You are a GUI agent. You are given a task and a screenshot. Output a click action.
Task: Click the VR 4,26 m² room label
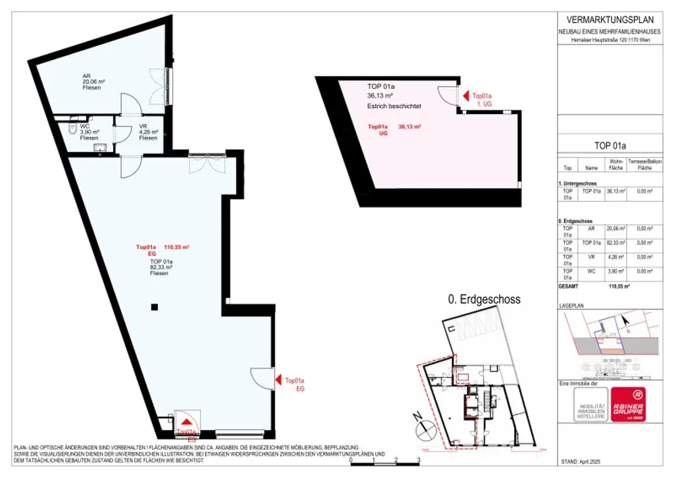(147, 132)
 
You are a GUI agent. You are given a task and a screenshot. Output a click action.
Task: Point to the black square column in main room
(153, 306)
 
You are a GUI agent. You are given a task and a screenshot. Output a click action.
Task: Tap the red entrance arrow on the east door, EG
(278, 379)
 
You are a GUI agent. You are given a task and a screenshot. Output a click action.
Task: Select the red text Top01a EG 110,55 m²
(163, 250)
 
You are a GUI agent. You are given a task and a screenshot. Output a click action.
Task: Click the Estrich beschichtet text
(394, 105)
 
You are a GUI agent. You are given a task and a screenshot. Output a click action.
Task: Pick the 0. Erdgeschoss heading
(484, 299)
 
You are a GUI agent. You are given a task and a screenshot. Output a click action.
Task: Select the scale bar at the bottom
(384, 461)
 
